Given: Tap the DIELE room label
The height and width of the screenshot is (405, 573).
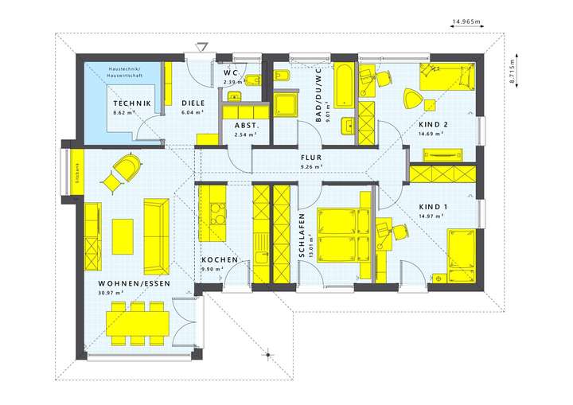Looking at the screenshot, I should pos(193,103).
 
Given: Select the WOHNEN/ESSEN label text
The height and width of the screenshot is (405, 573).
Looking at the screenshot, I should pos(124,283).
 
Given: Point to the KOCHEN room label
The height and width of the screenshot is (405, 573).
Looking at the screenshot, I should pos(216,260).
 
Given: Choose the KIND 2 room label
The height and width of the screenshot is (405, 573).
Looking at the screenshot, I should pos(434,125).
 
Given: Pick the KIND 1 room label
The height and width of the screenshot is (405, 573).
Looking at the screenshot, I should pos(434,207).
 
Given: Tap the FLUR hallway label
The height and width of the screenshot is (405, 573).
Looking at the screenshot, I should pos(310,158).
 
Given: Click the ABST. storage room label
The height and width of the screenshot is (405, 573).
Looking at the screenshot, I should pos(244,126).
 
